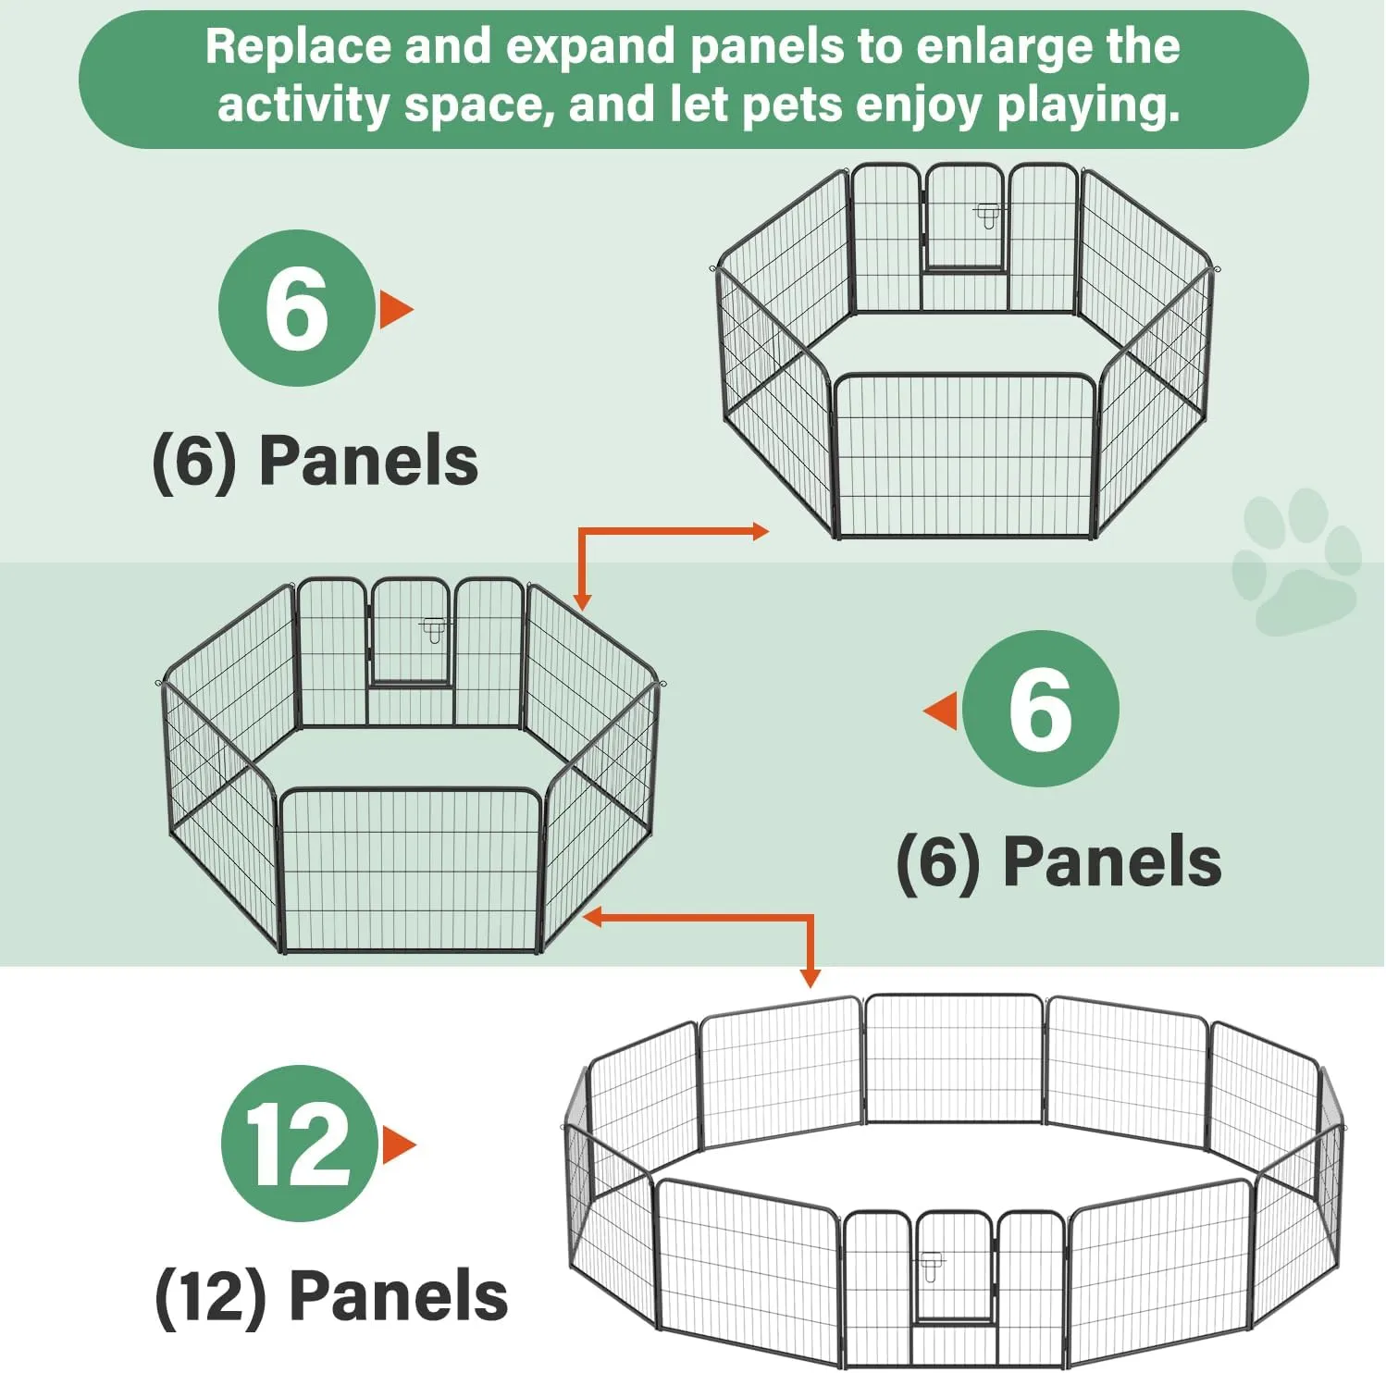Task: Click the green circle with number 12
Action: pyautogui.click(x=299, y=1144)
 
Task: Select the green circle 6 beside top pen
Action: pyautogui.click(x=296, y=308)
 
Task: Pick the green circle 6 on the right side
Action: pyautogui.click(x=1040, y=710)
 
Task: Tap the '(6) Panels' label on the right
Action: pyautogui.click(x=1058, y=861)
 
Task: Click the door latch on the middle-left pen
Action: pyautogui.click(x=433, y=630)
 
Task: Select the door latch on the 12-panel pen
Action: pyautogui.click(x=930, y=1265)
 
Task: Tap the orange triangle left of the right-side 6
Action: pyautogui.click(x=943, y=711)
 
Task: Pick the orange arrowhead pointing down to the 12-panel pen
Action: pyautogui.click(x=810, y=979)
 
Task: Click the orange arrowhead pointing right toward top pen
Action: pyautogui.click(x=761, y=531)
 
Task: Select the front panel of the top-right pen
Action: pyautogui.click(x=964, y=456)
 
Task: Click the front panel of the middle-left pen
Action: pyautogui.click(x=410, y=870)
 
